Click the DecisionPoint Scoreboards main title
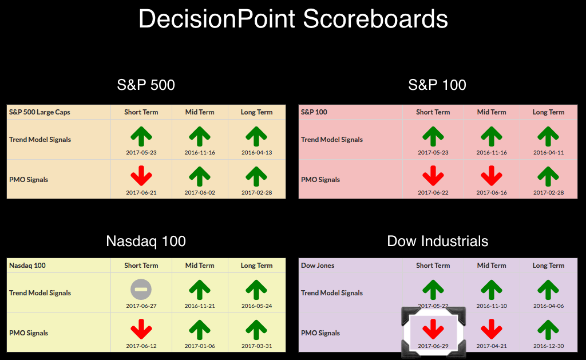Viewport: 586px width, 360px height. (293, 19)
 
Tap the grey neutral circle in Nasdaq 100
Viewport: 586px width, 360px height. (141, 290)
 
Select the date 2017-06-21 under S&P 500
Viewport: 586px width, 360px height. (141, 192)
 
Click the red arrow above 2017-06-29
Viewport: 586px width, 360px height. (433, 329)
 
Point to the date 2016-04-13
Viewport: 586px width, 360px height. (257, 152)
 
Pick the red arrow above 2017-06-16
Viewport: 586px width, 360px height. (492, 176)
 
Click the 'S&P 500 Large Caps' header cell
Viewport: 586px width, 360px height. (39, 112)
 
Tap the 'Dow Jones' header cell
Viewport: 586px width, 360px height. (318, 266)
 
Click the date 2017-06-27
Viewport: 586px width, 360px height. (141, 306)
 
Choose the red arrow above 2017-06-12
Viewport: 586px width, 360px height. (141, 329)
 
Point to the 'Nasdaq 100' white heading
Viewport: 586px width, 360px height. (146, 241)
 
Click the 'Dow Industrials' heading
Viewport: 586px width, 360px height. (438, 241)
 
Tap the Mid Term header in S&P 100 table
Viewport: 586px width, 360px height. (492, 112)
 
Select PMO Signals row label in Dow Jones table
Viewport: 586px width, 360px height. (320, 333)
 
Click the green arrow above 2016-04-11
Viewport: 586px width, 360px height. (548, 136)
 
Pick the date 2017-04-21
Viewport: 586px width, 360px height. (492, 346)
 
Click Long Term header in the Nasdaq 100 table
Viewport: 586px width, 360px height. (257, 266)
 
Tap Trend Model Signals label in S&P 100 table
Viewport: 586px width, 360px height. (332, 140)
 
